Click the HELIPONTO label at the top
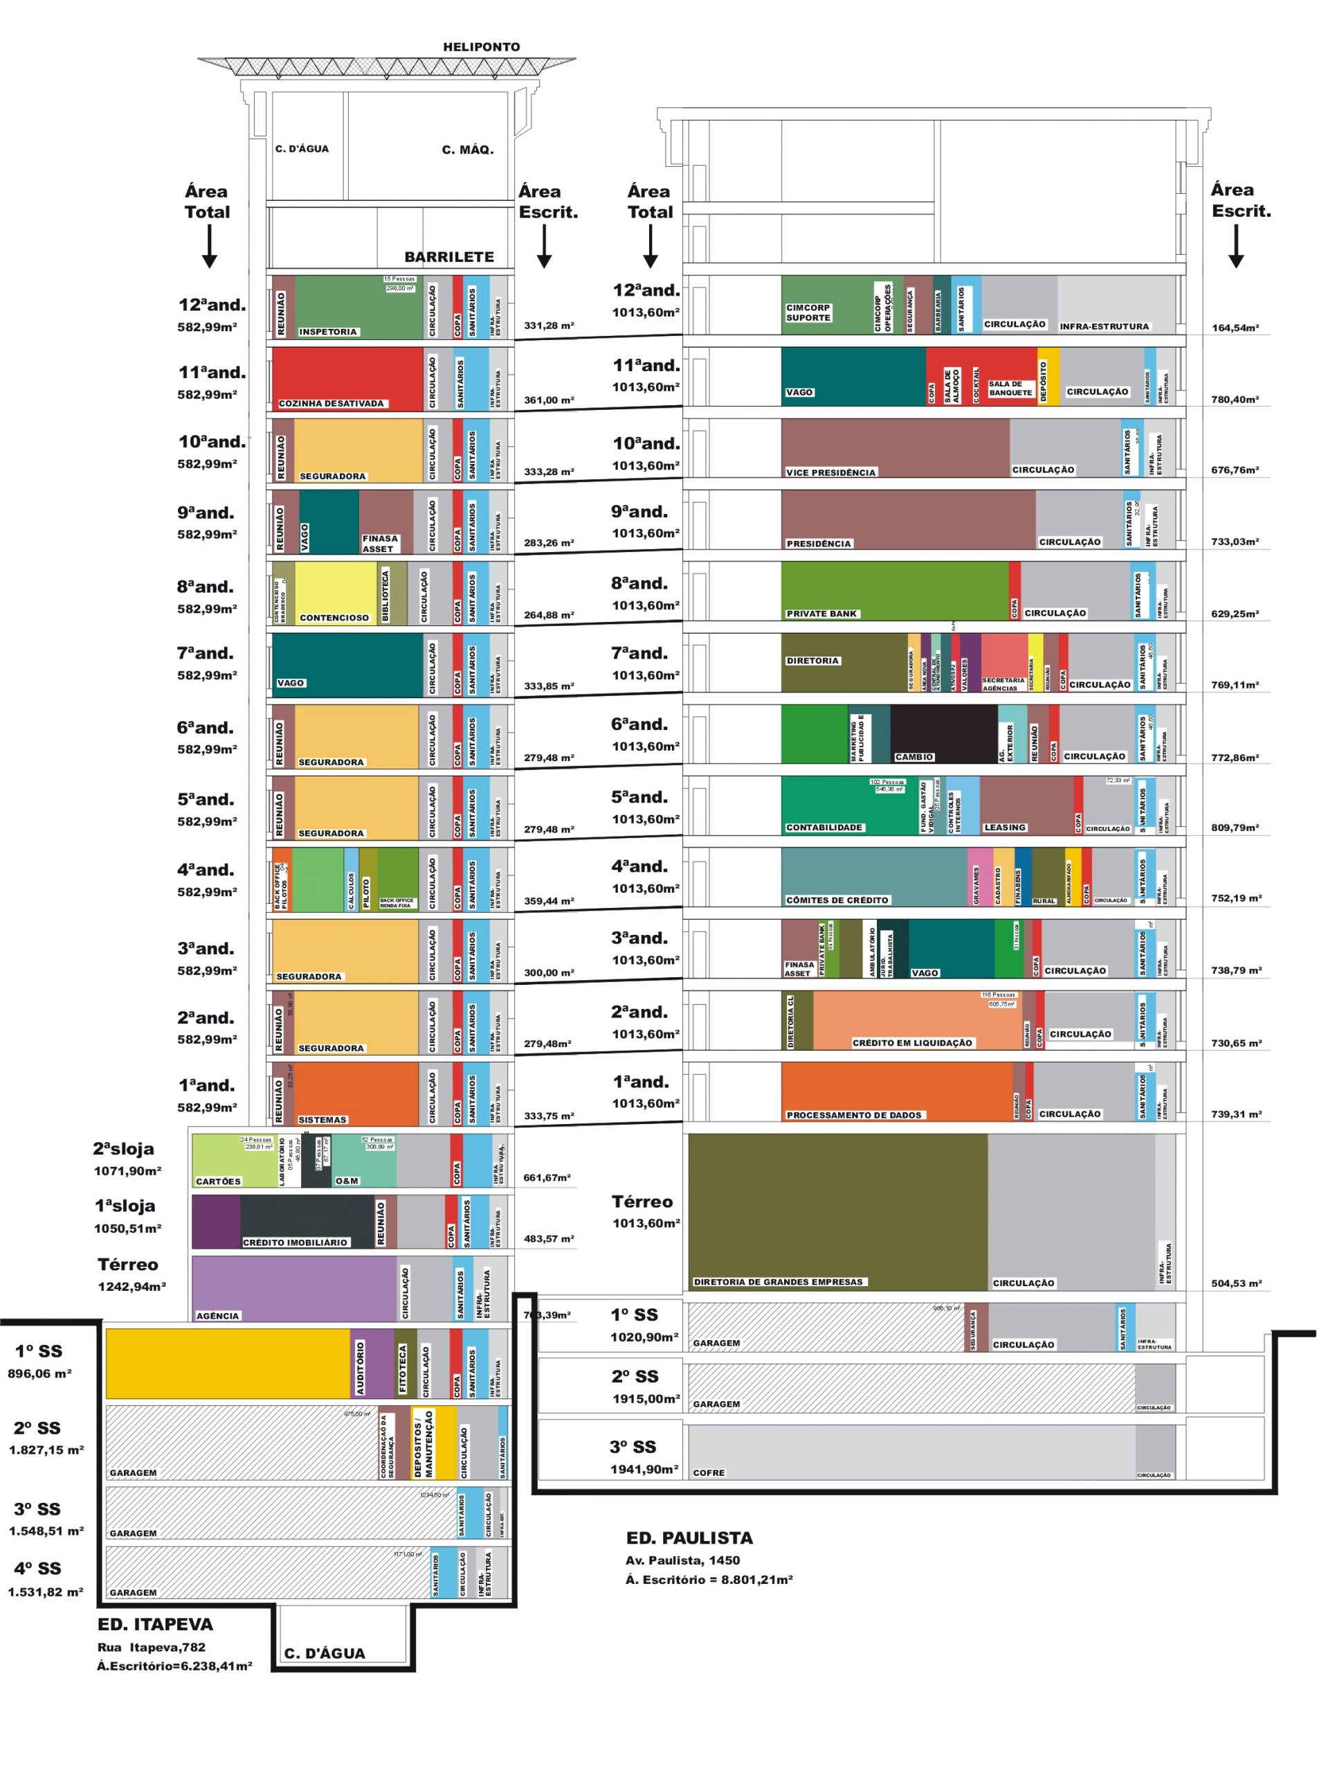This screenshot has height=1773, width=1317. (481, 47)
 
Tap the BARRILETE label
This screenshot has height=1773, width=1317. (449, 257)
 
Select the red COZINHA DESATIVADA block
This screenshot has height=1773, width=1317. (347, 375)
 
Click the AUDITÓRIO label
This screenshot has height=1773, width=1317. (361, 1367)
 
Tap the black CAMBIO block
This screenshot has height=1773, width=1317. (944, 732)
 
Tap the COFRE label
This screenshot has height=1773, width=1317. (709, 1472)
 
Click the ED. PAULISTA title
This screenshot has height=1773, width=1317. (689, 1538)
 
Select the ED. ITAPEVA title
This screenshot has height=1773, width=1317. (156, 1625)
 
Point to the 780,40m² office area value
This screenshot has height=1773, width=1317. (1235, 400)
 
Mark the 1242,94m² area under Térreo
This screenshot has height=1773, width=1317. (131, 1287)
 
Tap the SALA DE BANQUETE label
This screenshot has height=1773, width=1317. (1010, 389)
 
